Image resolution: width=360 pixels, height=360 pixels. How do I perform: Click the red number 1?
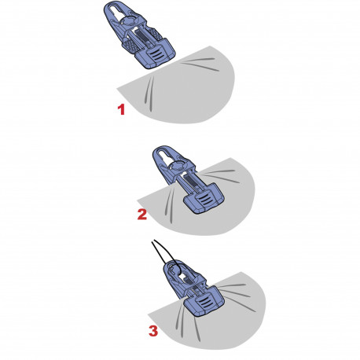pyautogui.click(x=121, y=109)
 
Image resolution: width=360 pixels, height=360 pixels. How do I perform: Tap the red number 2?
pyautogui.click(x=141, y=213)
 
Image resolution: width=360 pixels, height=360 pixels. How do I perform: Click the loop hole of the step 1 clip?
pyautogui.click(x=118, y=15)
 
